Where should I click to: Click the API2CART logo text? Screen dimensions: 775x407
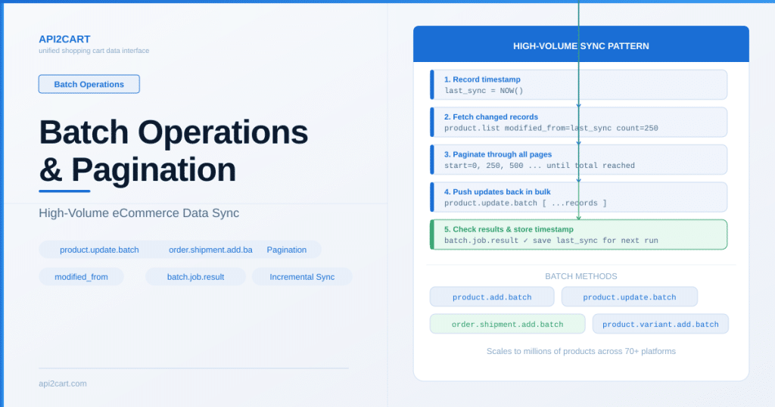(x=64, y=39)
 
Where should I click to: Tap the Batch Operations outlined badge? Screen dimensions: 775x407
(x=89, y=84)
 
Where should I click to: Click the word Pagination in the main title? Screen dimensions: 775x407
(x=153, y=170)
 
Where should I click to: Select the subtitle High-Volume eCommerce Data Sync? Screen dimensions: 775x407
(x=139, y=213)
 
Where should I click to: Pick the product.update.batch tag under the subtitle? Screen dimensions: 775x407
(x=99, y=250)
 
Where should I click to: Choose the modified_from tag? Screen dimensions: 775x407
(x=81, y=277)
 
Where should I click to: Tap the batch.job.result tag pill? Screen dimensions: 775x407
(x=195, y=277)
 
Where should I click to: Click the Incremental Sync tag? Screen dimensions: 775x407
(x=302, y=277)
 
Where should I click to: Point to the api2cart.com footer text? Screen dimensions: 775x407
(x=63, y=384)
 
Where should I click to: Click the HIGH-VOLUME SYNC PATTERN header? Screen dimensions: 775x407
(x=580, y=46)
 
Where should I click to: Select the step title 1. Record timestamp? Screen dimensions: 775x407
(x=482, y=79)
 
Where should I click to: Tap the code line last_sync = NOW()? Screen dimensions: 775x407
(x=484, y=90)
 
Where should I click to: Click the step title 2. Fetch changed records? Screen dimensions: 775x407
(x=490, y=117)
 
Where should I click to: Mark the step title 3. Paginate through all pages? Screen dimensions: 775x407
(x=498, y=154)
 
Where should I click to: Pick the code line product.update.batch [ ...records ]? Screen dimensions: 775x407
(x=525, y=203)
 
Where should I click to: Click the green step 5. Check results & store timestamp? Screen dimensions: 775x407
(x=579, y=235)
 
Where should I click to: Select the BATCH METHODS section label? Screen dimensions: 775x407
(x=580, y=276)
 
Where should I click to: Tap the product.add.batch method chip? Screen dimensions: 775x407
(x=492, y=297)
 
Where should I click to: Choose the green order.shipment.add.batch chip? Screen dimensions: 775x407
(x=508, y=324)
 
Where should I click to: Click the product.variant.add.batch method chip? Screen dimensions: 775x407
(x=660, y=324)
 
